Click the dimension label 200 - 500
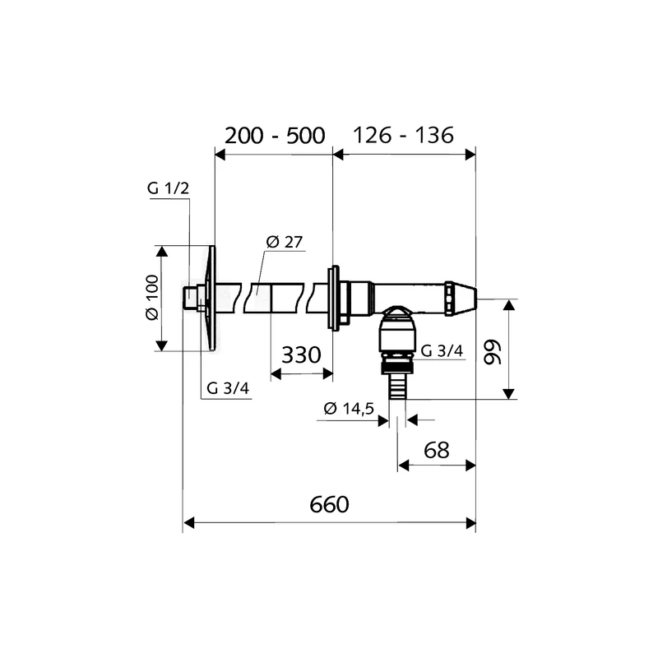(275, 136)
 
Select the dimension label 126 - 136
(403, 135)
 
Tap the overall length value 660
(330, 504)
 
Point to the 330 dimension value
(301, 355)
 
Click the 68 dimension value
(437, 450)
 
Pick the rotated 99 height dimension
(493, 353)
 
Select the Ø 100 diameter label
(152, 298)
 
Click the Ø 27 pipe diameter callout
(285, 242)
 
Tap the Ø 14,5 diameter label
(349, 408)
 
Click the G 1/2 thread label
(169, 188)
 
